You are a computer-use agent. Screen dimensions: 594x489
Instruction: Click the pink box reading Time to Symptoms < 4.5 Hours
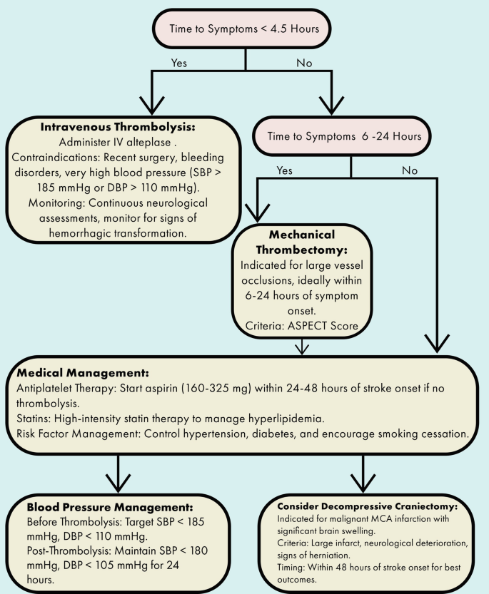[245, 29]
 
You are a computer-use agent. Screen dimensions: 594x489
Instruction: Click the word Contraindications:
[60, 157]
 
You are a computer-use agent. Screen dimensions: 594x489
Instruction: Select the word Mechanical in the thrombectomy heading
[303, 234]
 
